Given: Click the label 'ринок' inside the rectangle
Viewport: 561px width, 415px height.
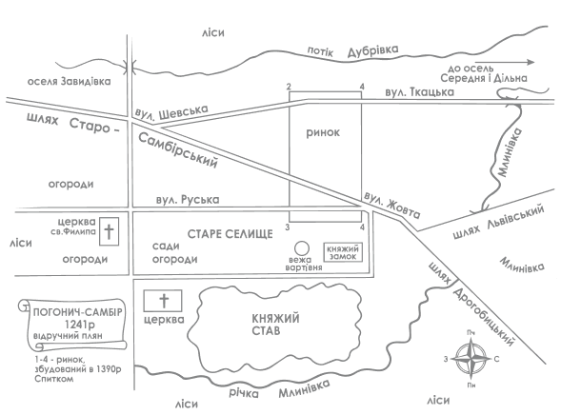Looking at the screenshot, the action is pos(323,133).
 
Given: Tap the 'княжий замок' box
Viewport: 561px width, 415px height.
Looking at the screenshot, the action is pos(343,252).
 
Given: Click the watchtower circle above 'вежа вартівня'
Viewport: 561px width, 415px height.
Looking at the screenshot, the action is pos(301,248).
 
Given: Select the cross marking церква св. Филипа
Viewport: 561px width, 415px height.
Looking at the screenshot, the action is pos(109,231).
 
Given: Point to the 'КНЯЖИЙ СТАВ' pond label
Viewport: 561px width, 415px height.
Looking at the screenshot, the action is pos(275,325).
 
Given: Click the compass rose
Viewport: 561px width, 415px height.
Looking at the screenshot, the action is pos(471,359).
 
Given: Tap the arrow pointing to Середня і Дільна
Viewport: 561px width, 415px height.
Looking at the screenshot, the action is pos(512,62).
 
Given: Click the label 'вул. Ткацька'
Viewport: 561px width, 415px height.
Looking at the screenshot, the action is pos(419,92).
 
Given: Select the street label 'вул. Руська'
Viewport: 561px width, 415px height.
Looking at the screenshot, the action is pos(188,200).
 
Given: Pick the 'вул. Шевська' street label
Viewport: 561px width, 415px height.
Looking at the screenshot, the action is pos(171,111).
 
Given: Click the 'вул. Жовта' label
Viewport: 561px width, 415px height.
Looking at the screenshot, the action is pos(392,206).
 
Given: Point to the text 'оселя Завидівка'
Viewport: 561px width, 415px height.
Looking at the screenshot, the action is pos(69,82).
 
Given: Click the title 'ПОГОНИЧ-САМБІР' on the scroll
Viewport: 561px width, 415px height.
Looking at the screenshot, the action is pos(78,312).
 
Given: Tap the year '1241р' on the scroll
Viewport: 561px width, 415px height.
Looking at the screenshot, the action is pos(79,325).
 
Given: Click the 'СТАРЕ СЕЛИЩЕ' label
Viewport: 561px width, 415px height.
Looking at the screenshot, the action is pos(230,234).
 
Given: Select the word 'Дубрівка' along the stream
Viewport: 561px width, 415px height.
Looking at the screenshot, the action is pos(372,50).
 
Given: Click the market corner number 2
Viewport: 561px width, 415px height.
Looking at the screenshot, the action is pos(289,87).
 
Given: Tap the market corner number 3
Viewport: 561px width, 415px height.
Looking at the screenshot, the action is pos(287,227).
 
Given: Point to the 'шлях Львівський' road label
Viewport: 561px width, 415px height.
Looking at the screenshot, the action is pos(498,222).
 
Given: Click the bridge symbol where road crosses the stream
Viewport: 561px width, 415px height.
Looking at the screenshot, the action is pos(130,67).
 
